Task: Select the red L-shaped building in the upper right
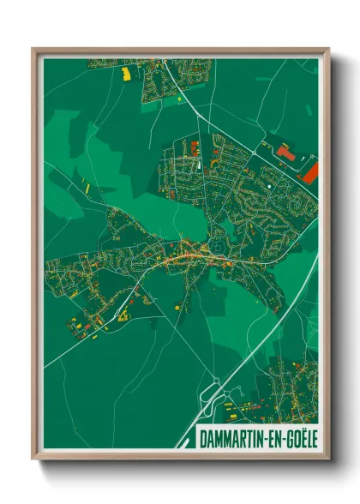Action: tap(285, 153)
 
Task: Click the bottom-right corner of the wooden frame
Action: tap(328, 458)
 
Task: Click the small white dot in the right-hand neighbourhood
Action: tap(272, 182)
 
